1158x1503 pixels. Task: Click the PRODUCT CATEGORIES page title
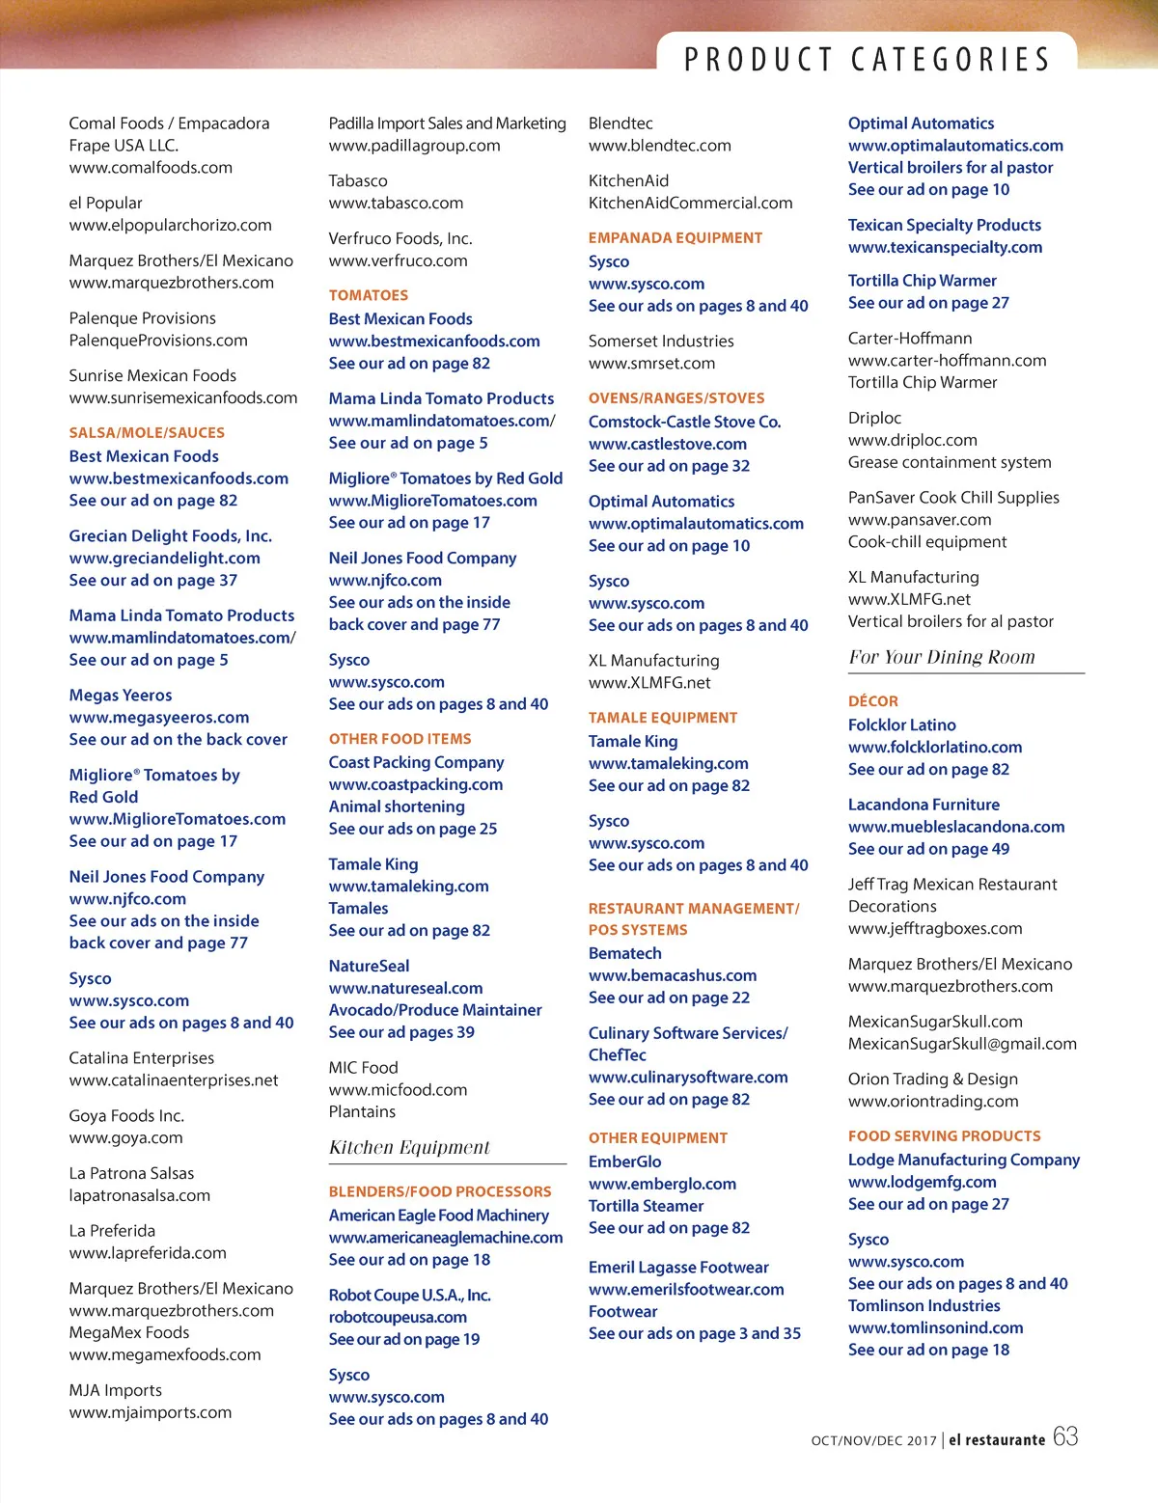tap(867, 60)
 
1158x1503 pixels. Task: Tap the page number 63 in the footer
tap(1065, 1436)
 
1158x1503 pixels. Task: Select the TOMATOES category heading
tap(368, 295)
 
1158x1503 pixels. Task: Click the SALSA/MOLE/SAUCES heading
tap(147, 433)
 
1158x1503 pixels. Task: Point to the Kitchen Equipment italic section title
tap(409, 1147)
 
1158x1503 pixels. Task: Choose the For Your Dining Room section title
tap(941, 657)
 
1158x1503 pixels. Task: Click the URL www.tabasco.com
tap(396, 203)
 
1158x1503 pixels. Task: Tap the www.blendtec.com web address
tap(659, 146)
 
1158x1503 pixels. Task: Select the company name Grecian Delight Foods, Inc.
tap(170, 535)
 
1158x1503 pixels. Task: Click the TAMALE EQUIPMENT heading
tap(662, 718)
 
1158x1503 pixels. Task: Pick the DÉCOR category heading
tap(872, 701)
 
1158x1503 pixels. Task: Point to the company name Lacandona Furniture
tap(924, 805)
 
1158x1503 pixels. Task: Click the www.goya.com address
tap(125, 1137)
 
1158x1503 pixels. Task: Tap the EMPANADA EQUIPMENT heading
tap(675, 238)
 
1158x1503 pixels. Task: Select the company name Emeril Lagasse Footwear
tap(678, 1267)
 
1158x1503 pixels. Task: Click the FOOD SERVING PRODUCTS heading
tap(944, 1136)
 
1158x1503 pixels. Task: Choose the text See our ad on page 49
tap(928, 849)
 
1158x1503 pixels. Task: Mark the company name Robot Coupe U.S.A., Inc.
tap(409, 1295)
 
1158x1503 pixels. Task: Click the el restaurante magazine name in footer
tap(997, 1440)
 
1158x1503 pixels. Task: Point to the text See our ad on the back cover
tap(178, 740)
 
